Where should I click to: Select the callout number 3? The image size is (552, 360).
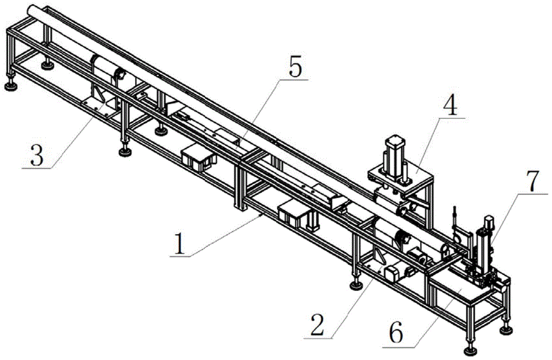pos(36,155)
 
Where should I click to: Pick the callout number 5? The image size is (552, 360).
pos(295,68)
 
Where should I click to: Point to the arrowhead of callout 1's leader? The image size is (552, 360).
pos(261,217)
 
